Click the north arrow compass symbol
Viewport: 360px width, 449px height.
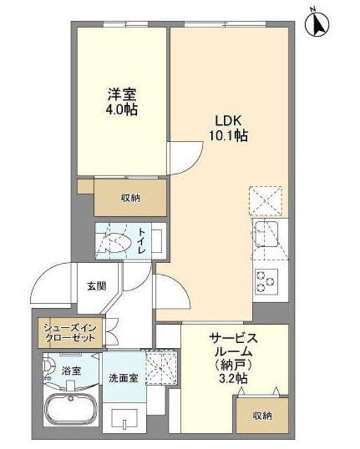(x=317, y=24)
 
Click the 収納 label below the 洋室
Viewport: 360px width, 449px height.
(x=130, y=198)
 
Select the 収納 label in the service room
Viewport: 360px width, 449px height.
(x=262, y=416)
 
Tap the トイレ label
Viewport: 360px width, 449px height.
(x=142, y=239)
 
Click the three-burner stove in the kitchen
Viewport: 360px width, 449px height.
(x=267, y=281)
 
